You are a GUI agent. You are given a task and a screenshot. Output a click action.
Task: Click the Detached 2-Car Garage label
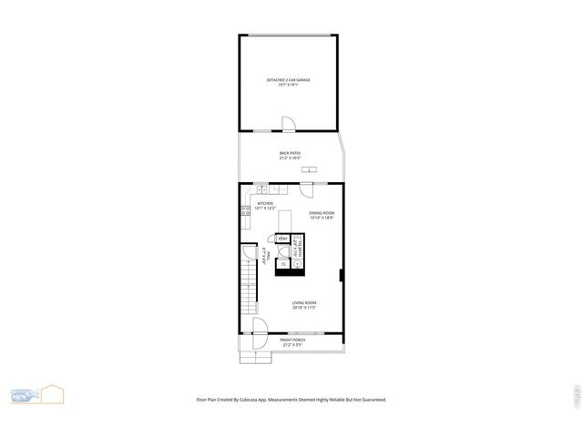pos(289,82)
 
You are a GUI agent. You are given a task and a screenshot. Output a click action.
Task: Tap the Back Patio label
pos(290,155)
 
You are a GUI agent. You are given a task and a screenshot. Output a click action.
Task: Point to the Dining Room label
pos(322,215)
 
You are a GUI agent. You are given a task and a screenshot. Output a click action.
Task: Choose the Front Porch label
pos(291,342)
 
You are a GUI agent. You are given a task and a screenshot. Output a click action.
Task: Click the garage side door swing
pos(288,125)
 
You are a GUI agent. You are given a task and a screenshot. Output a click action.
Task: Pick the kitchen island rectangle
pos(284,221)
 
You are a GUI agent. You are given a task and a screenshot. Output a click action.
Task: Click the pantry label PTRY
pos(282,239)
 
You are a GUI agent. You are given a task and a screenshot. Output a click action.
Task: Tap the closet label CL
pos(283,263)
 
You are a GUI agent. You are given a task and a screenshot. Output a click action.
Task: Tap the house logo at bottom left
pos(49,394)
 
